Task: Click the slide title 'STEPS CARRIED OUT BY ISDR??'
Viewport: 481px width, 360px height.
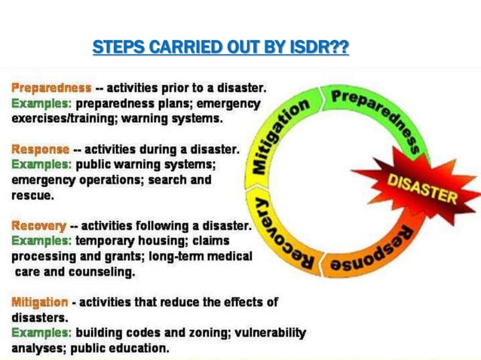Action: coord(220,48)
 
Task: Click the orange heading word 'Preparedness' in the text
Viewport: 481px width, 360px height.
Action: coord(51,87)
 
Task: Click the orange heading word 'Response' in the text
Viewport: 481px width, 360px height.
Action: coord(40,149)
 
